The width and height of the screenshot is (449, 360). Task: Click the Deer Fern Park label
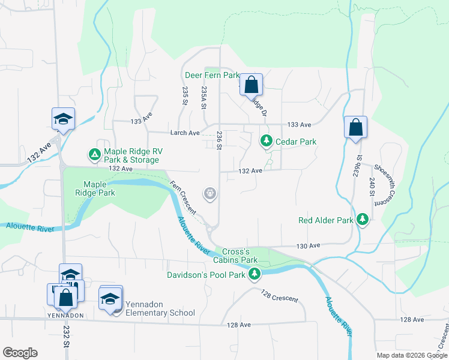coord(211,76)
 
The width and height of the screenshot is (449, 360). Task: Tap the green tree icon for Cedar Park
coord(265,141)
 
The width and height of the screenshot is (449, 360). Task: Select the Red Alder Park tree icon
coord(363,220)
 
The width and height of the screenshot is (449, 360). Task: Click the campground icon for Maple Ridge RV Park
coord(94,155)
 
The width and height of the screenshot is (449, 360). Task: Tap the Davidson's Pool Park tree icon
coord(255,274)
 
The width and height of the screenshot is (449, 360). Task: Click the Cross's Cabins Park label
coord(231,256)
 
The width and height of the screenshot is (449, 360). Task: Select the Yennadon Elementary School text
coord(158,313)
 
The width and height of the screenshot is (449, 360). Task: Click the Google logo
coord(20,352)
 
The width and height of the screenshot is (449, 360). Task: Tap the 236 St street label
coord(220,142)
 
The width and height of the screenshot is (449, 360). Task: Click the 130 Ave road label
coord(309,246)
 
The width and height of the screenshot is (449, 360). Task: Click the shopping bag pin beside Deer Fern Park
coord(252,85)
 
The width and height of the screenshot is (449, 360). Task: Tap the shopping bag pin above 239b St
coord(355,127)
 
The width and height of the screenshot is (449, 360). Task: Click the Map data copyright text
coord(411,355)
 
